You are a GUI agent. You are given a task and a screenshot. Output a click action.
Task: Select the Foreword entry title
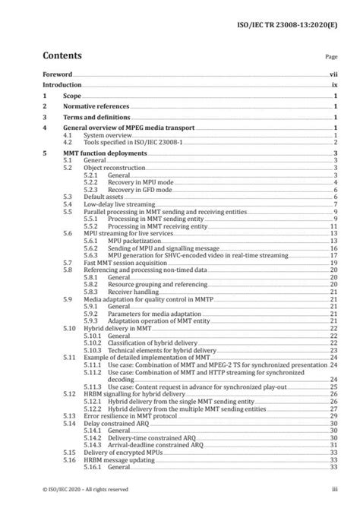[58, 75]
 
